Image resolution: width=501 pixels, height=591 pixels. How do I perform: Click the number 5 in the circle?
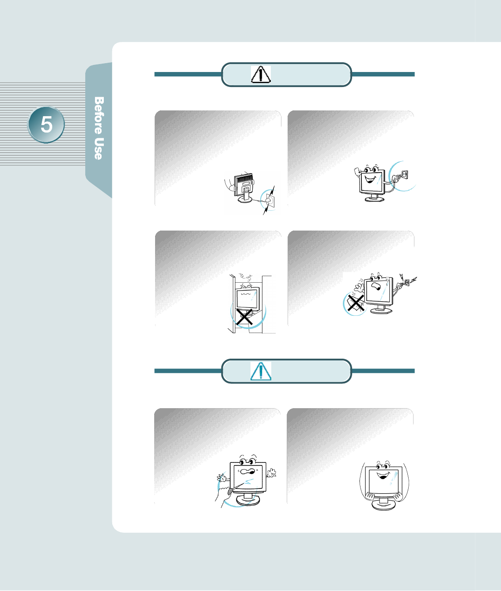click(46, 125)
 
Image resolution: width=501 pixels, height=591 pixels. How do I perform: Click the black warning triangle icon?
click(261, 75)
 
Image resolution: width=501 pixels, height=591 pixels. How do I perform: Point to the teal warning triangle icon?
click(261, 371)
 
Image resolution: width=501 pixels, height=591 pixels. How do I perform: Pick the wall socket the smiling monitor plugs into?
click(403, 175)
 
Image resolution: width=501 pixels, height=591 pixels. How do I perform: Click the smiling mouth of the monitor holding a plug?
click(370, 180)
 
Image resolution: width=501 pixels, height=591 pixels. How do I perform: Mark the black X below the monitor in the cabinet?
click(244, 317)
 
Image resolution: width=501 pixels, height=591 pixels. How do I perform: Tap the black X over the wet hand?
click(355, 303)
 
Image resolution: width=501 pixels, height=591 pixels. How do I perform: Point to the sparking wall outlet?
click(407, 283)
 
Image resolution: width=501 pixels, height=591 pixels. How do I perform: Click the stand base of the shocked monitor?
click(381, 311)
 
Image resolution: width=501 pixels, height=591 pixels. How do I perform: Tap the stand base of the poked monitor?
click(248, 500)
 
